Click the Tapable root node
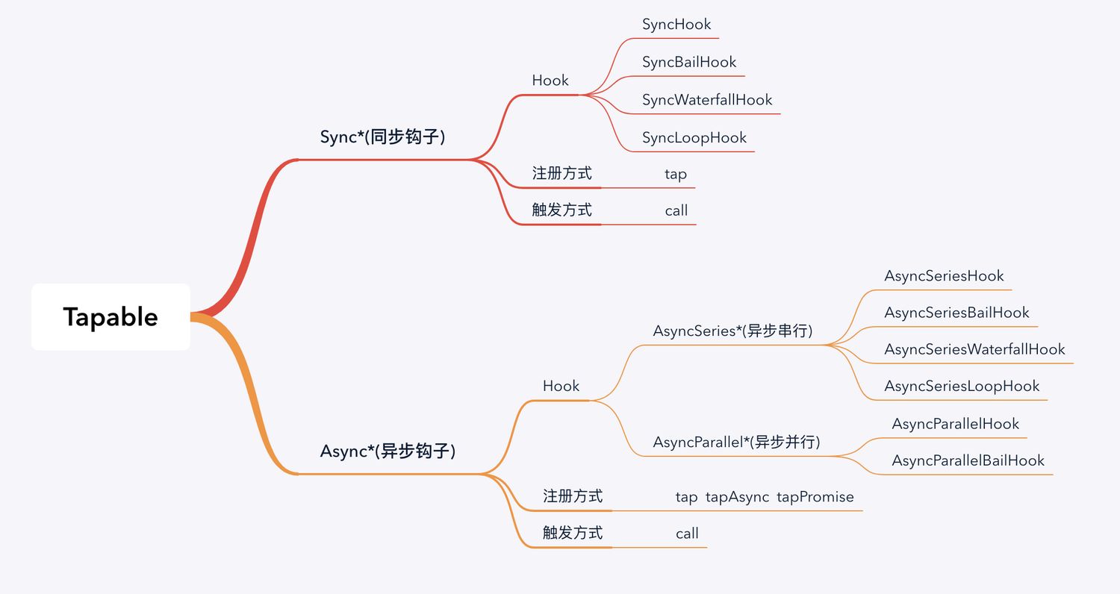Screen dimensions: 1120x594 pyautogui.click(x=111, y=316)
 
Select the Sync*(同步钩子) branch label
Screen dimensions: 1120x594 pyautogui.click(x=382, y=137)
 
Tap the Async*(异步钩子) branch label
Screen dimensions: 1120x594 pyautogui.click(x=388, y=451)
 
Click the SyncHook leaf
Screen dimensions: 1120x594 pyautogui.click(x=676, y=25)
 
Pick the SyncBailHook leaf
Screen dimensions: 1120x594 pyautogui.click(x=689, y=62)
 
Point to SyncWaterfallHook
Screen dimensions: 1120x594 pyautogui.click(x=707, y=100)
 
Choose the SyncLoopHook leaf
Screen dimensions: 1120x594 pyautogui.click(x=694, y=137)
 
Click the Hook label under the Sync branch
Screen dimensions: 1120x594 pyautogui.click(x=550, y=81)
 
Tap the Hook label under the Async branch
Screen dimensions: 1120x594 pyautogui.click(x=561, y=387)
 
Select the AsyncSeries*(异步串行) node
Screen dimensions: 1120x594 pyautogui.click(x=732, y=331)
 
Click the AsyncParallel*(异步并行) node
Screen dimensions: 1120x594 pyautogui.click(x=736, y=442)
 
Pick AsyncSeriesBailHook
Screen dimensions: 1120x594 pyautogui.click(x=956, y=313)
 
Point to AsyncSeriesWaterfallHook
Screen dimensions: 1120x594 pyautogui.click(x=974, y=349)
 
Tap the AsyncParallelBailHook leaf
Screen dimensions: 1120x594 pyautogui.click(x=968, y=460)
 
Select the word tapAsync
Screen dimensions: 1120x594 pyautogui.click(x=737, y=497)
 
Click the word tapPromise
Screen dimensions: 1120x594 pyautogui.click(x=815, y=497)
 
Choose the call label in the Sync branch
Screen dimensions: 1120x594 pyautogui.click(x=676, y=210)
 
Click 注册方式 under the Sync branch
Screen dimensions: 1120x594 pyautogui.click(x=561, y=173)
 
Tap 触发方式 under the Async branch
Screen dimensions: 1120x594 pyautogui.click(x=573, y=533)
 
